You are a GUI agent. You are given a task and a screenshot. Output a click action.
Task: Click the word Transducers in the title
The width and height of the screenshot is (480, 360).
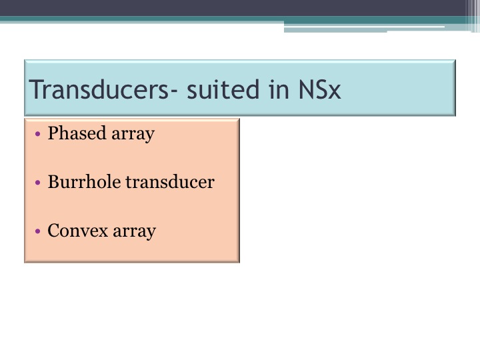pyautogui.click(x=99, y=89)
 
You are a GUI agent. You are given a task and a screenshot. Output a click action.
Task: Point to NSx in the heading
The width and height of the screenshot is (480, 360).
pyautogui.click(x=319, y=89)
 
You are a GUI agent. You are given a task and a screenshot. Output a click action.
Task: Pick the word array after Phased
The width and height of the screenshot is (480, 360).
pyautogui.click(x=133, y=135)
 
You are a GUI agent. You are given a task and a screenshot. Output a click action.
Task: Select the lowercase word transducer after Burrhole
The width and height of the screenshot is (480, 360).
pyautogui.click(x=170, y=181)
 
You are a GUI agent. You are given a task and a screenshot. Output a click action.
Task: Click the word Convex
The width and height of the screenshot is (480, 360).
pyautogui.click(x=78, y=231)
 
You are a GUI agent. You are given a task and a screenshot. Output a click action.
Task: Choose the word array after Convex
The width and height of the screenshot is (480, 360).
pyautogui.click(x=135, y=233)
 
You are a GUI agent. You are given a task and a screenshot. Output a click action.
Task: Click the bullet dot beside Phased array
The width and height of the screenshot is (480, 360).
pyautogui.click(x=37, y=134)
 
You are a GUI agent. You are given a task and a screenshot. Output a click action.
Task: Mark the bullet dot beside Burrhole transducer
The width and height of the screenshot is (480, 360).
pyautogui.click(x=37, y=183)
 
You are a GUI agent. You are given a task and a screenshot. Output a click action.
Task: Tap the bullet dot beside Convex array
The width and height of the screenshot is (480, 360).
pyautogui.click(x=37, y=231)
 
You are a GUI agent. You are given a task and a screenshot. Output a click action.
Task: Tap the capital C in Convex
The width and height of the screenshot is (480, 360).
pyautogui.click(x=55, y=231)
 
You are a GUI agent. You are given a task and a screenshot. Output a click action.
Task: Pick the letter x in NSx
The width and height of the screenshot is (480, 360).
pyautogui.click(x=334, y=92)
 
